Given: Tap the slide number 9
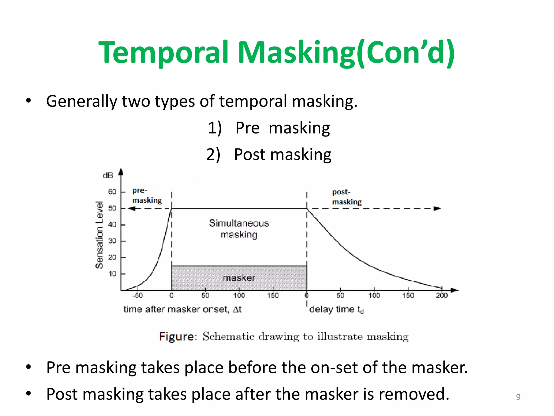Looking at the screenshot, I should click(518, 397).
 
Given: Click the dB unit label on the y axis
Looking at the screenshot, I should click(108, 175).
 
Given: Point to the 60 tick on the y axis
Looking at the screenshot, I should click(112, 192).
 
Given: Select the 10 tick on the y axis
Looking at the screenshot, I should click(112, 274).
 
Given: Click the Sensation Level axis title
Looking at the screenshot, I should click(100, 235).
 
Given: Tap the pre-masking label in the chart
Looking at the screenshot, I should click(147, 195).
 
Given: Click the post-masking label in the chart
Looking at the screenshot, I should click(347, 197).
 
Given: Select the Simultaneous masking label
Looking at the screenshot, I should click(239, 229).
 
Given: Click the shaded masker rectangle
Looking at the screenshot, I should click(239, 278).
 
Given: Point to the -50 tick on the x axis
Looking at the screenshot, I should click(137, 295).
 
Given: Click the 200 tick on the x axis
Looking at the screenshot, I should click(441, 295).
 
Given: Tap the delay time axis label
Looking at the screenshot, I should click(336, 309).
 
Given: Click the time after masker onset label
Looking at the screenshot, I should click(182, 309).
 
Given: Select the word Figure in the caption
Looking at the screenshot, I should click(177, 337).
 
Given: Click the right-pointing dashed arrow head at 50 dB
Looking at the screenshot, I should click(437, 209).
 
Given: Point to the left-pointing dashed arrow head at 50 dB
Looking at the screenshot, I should click(131, 209).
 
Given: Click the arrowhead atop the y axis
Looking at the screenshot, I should click(121, 172).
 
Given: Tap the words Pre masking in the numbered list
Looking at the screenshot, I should click(282, 128).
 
